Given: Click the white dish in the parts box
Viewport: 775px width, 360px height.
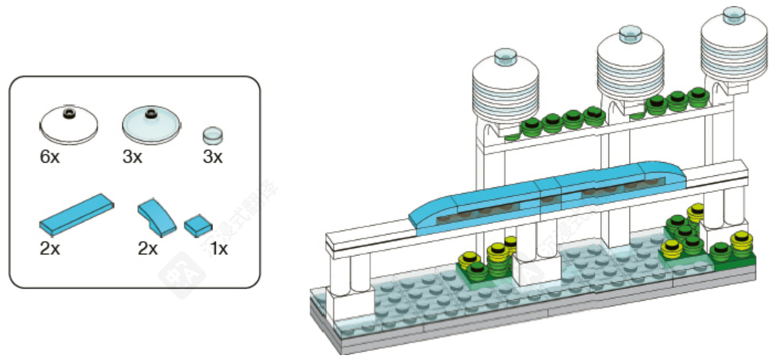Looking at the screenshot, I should pos(69,124).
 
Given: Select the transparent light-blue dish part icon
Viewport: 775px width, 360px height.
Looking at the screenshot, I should pos(150,124).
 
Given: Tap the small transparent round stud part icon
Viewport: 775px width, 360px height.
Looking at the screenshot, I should pos(213,135).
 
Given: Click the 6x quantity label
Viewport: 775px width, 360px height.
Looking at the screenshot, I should pos(49,157).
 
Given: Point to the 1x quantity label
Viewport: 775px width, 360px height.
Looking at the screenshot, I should pos(219,249).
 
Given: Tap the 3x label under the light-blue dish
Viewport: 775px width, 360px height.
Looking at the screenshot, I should pos(132,157).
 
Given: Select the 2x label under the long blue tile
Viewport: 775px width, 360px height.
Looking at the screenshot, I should pos(49,249).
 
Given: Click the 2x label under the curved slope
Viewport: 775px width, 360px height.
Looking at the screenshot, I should pos(148,249).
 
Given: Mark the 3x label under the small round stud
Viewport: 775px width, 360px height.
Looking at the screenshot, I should pos(212,157).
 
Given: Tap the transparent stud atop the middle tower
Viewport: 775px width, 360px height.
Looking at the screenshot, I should pos(630,34).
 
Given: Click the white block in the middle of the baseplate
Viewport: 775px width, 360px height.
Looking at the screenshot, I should pos(535,269).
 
